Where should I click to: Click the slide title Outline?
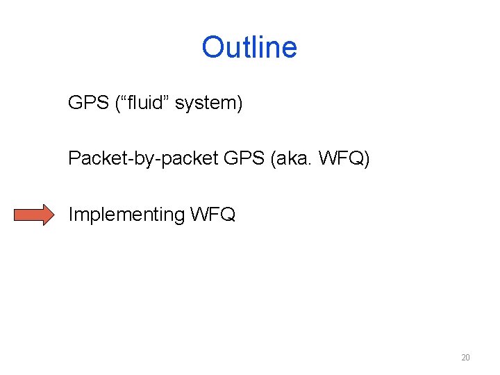[x=249, y=47]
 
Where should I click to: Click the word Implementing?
[x=126, y=215]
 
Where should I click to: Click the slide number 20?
[x=465, y=358]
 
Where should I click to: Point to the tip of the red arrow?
[x=52, y=215]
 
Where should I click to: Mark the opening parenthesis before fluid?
[x=118, y=104]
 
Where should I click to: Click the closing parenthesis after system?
[x=240, y=104]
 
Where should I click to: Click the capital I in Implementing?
[x=70, y=215]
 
